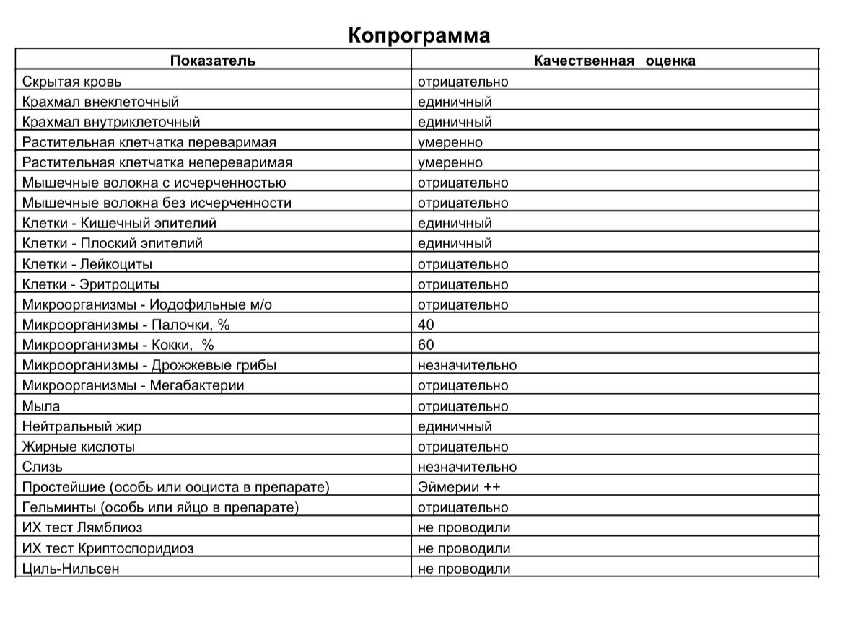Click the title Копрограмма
tap(419, 35)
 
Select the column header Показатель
tap(213, 61)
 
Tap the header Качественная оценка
tap(614, 61)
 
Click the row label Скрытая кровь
tap(72, 82)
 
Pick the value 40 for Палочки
tap(426, 325)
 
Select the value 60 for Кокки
tap(426, 345)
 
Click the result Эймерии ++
tap(459, 487)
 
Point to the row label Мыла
tap(41, 406)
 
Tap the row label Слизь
tap(43, 467)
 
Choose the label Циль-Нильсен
tap(71, 569)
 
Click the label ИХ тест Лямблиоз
tap(82, 527)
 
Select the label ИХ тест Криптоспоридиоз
tap(108, 548)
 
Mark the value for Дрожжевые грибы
tap(467, 365)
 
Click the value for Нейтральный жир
tap(455, 426)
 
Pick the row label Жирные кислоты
tap(79, 447)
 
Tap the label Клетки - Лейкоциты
tap(87, 264)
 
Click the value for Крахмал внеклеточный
tap(455, 102)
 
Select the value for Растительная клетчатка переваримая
tap(450, 142)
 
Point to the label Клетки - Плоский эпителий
tap(113, 243)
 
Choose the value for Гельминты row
tap(463, 507)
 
